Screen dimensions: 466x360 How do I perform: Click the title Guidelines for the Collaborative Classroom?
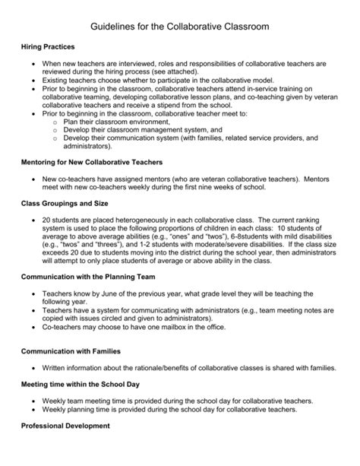[x=179, y=27]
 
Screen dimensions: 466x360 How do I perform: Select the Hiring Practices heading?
[x=49, y=47]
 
